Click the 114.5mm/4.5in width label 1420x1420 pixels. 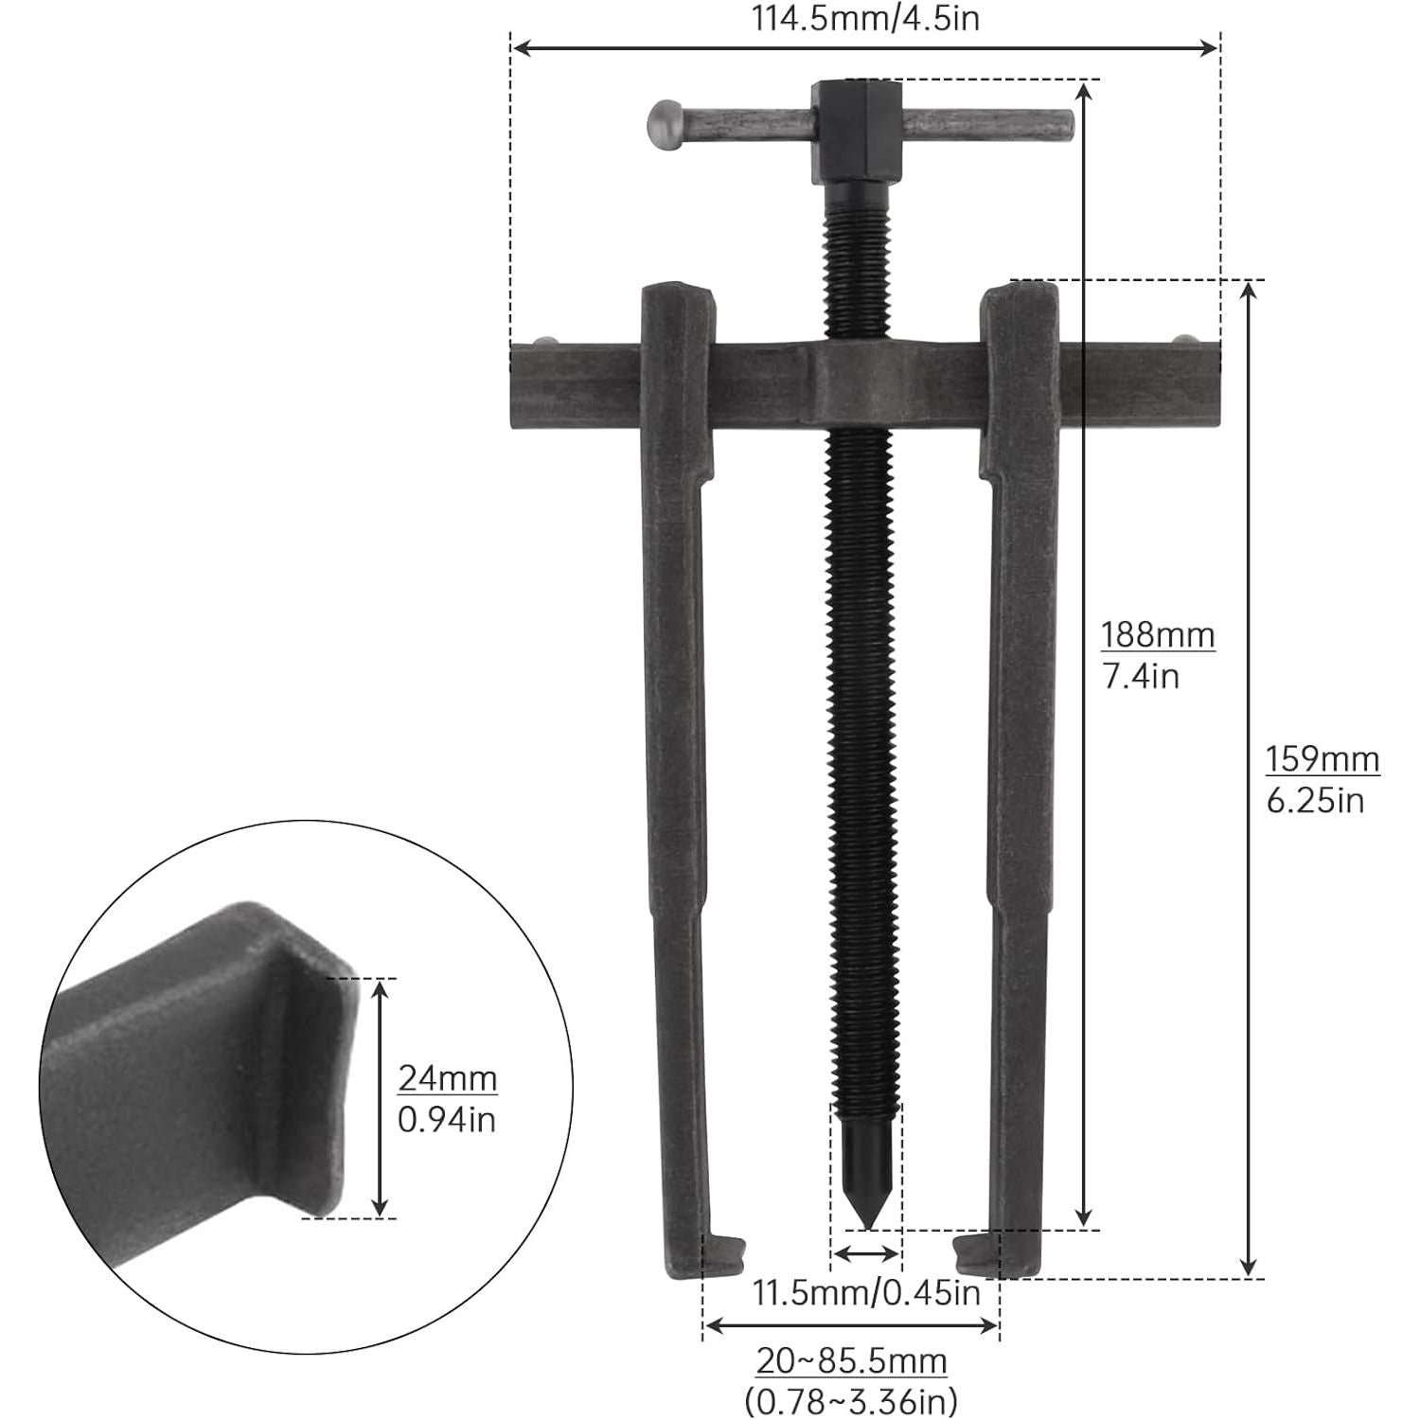click(865, 18)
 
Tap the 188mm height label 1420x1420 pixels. click(1157, 634)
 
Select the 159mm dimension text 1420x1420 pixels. click(1322, 759)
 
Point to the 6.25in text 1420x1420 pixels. click(1315, 801)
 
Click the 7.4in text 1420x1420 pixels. click(1141, 676)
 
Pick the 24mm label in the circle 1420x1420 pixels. click(447, 1078)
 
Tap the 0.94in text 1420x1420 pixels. click(446, 1120)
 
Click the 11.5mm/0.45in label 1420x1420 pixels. click(866, 1292)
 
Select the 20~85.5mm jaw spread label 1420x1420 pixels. click(851, 1361)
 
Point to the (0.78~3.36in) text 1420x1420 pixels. click(851, 1399)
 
